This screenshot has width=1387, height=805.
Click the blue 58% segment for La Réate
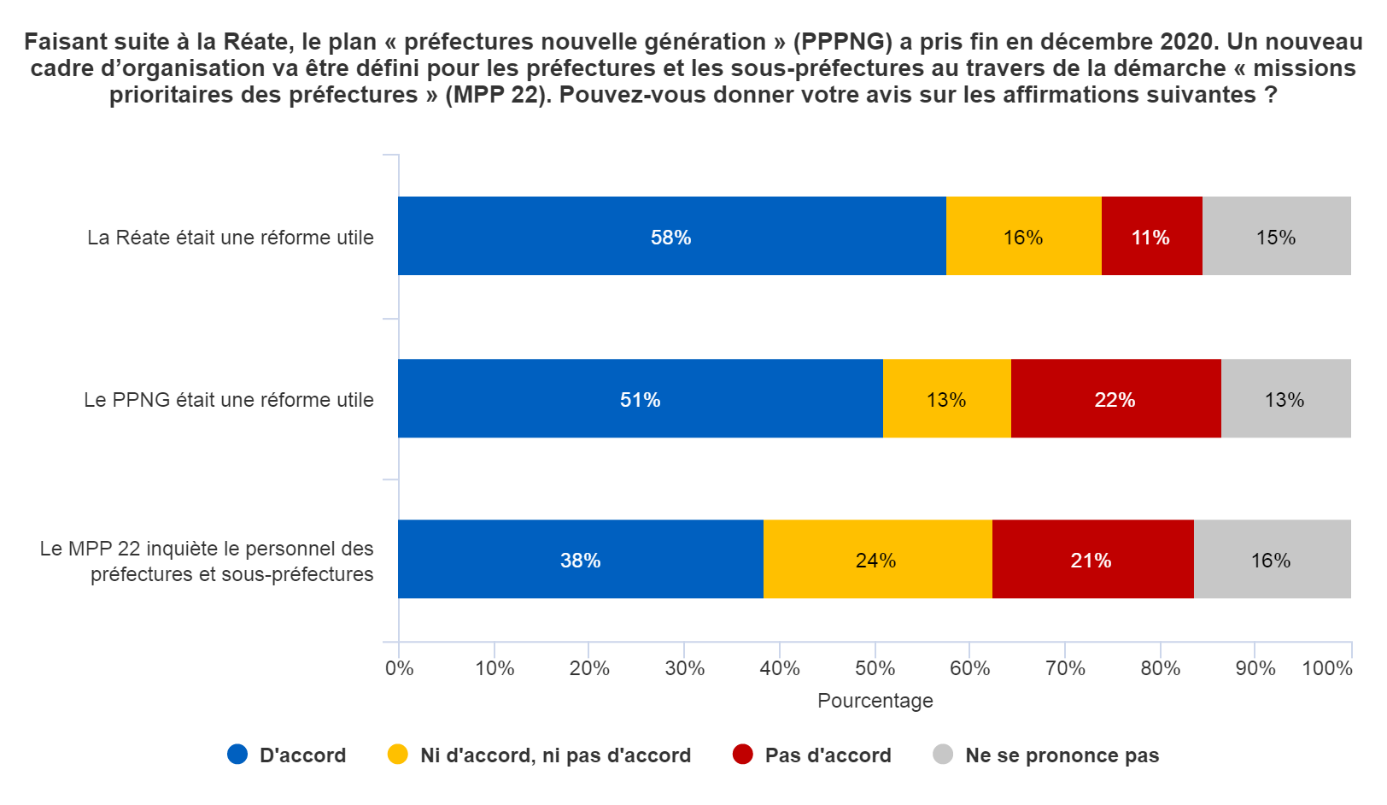tap(671, 236)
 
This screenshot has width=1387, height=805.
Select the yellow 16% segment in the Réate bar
tap(1023, 236)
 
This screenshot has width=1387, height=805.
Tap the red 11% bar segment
tap(1151, 236)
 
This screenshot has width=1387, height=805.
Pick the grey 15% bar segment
tap(1276, 236)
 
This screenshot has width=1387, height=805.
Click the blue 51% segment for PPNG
tap(640, 398)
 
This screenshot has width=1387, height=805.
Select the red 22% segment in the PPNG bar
tap(1115, 398)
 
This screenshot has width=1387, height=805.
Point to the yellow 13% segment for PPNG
tap(946, 398)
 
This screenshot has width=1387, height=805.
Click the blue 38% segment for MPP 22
tap(580, 559)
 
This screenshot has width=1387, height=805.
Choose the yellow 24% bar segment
tap(876, 559)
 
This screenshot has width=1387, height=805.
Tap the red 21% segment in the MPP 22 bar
tap(1091, 559)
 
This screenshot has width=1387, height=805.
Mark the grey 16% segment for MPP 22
tap(1272, 559)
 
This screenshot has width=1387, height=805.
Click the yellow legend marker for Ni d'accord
tap(398, 755)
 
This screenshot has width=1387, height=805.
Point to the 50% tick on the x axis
tap(875, 668)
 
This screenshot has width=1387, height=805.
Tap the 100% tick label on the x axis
tap(1326, 668)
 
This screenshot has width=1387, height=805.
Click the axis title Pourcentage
tap(875, 701)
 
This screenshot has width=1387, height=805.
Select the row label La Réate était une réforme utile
tap(231, 238)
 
